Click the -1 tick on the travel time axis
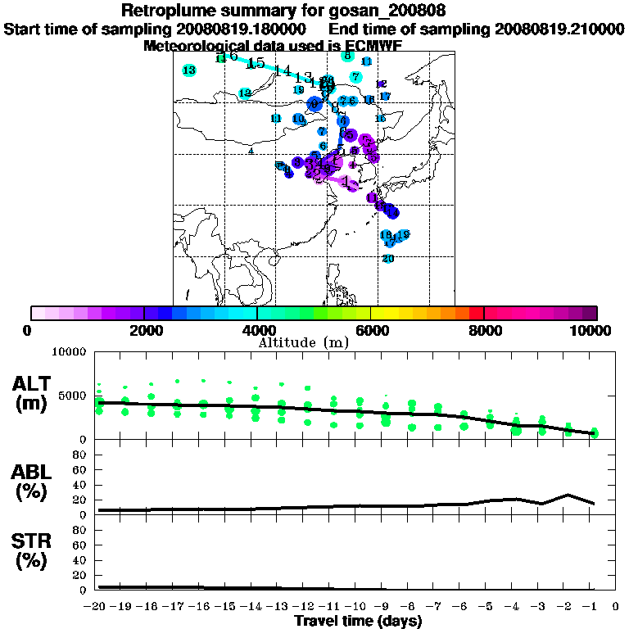pyautogui.click(x=592, y=607)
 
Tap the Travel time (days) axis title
pyautogui.click(x=358, y=622)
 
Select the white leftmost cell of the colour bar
pyautogui.click(x=38, y=313)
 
